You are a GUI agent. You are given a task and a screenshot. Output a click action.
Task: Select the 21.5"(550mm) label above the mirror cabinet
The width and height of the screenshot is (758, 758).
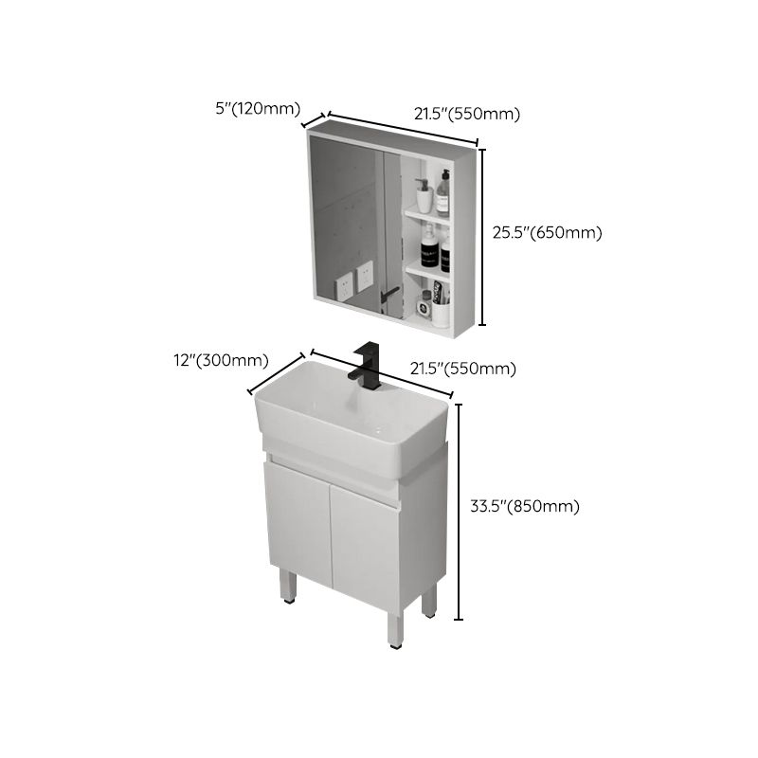click(x=467, y=114)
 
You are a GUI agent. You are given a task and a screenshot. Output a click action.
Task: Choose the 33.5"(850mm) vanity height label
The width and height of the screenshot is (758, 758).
click(x=525, y=506)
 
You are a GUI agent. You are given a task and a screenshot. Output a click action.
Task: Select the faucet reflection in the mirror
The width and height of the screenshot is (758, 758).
click(x=387, y=298)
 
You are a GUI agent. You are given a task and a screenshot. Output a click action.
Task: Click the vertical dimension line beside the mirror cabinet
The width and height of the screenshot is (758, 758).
click(x=484, y=237)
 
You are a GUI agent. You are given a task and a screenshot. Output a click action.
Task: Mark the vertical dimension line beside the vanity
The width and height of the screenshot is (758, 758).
click(x=460, y=512)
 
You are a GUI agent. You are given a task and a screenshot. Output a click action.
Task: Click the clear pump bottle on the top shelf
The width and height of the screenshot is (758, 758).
click(x=442, y=194)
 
